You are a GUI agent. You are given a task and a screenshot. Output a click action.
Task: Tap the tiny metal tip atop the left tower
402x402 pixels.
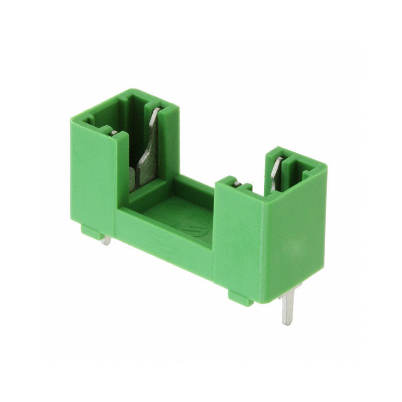[115, 133]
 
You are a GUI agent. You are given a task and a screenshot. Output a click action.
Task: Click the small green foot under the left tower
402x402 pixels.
[93, 232]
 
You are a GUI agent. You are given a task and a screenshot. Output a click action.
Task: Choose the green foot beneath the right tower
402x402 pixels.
[241, 297]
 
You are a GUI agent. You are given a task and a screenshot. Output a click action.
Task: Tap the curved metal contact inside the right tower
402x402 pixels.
[276, 173]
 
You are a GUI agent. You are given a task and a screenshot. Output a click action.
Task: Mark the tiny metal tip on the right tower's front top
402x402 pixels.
[237, 184]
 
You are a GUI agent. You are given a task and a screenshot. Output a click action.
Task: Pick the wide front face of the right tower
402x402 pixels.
[239, 241]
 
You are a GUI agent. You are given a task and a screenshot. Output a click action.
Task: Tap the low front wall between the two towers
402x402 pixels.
[166, 241]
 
